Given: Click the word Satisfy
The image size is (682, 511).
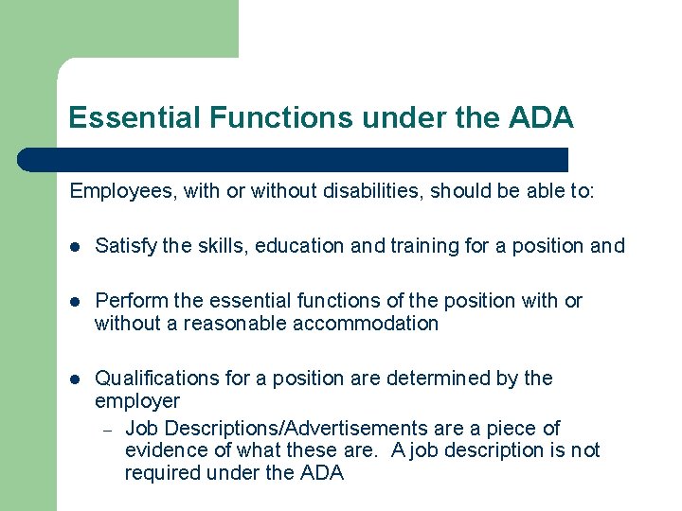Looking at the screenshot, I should click(125, 246).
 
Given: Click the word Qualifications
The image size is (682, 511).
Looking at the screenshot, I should click(157, 379).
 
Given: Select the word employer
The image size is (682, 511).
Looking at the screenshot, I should click(137, 401).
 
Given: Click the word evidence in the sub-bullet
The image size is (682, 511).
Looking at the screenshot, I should click(164, 450).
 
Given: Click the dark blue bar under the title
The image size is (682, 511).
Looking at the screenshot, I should click(294, 159).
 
